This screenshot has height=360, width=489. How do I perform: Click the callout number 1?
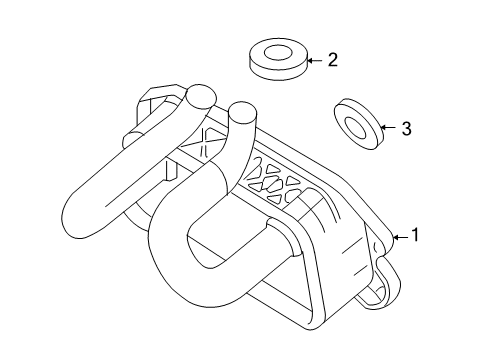click(x=415, y=235)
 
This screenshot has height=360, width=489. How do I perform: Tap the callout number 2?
click(x=332, y=60)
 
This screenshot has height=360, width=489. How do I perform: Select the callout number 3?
click(x=406, y=128)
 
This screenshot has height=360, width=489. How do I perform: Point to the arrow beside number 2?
click(x=315, y=61)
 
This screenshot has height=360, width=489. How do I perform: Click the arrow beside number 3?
click(x=388, y=127)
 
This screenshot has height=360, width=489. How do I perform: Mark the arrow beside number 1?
click(x=401, y=237)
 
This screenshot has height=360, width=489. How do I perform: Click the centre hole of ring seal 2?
click(x=278, y=53)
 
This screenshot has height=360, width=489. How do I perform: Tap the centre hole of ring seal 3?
click(x=355, y=127)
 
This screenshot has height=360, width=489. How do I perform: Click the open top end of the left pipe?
click(x=201, y=97)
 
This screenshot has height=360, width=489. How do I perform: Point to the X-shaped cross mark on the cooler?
click(x=204, y=142)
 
